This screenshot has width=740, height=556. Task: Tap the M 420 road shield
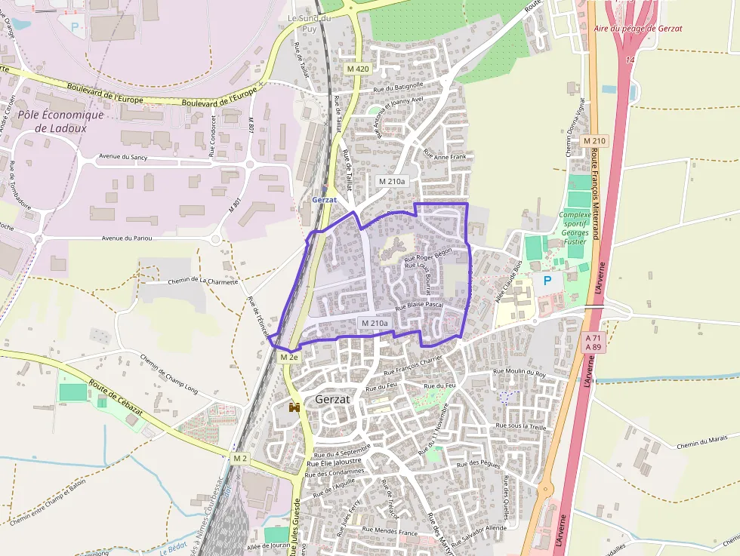359,69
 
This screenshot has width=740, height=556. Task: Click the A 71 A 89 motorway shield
594,343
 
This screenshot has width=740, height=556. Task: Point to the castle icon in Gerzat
294,407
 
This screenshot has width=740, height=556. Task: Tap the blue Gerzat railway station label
325,200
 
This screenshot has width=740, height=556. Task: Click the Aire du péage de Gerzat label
638,28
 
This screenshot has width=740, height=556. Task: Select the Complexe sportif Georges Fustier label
575,228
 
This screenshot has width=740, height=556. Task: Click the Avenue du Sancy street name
122,158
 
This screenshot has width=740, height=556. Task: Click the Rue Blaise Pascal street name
420,305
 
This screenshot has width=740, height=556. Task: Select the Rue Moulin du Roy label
519,372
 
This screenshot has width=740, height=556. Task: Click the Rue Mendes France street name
390,531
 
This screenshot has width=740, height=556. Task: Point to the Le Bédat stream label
174,550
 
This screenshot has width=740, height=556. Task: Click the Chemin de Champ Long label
169,374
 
